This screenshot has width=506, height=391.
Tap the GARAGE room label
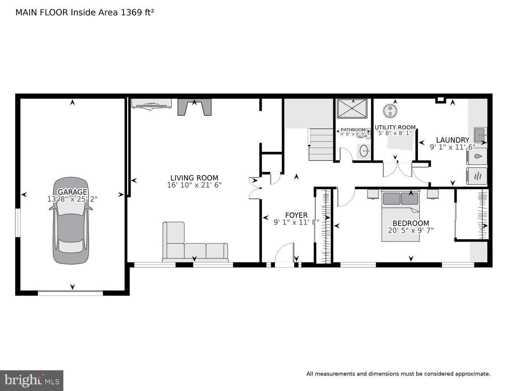point(72,192)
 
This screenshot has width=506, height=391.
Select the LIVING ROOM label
point(194,178)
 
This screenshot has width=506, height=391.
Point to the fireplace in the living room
point(194,107)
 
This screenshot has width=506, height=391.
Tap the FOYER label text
point(296,215)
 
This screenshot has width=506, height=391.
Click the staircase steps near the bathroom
point(321,144)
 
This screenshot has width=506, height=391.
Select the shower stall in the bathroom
point(352,108)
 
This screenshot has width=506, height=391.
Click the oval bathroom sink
point(364,151)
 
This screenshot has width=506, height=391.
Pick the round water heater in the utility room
point(390,110)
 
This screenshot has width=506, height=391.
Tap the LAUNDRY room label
point(452,140)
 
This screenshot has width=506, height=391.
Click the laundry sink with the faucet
point(480,135)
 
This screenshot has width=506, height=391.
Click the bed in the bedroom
point(400,216)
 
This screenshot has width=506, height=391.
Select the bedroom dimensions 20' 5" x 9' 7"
point(411,230)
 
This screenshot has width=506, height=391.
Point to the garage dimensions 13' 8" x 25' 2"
point(72,199)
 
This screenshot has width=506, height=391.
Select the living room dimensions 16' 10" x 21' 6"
point(194,185)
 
